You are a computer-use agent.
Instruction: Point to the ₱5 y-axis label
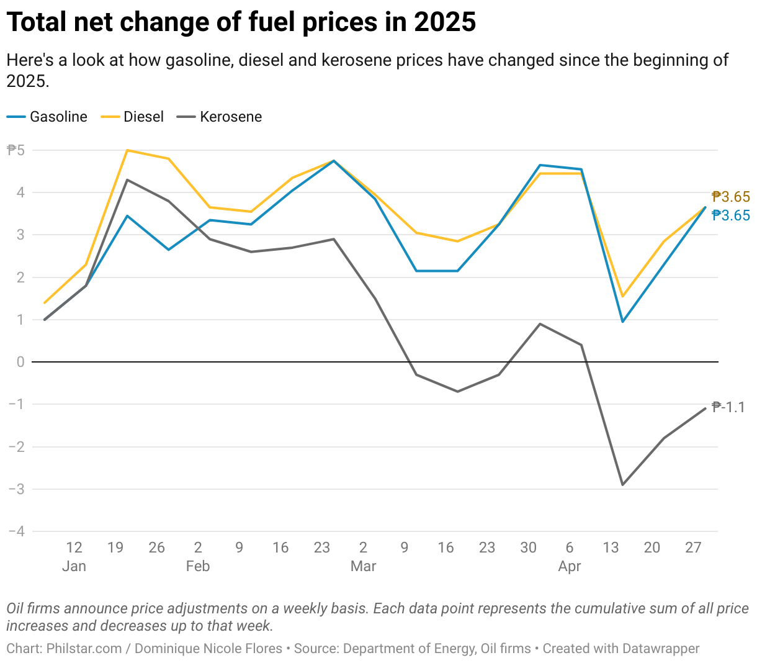point(16,150)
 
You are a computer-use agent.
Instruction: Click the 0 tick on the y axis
point(20,362)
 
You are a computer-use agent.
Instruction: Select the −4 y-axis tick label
point(17,531)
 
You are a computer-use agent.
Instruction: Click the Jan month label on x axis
point(74,566)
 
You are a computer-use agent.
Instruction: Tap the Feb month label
point(198,566)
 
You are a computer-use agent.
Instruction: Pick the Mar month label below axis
point(363,566)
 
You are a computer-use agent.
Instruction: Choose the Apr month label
point(570,566)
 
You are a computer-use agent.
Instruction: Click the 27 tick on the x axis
point(693,548)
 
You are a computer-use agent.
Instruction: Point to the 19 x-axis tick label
point(115,548)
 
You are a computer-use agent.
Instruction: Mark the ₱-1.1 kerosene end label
point(728,407)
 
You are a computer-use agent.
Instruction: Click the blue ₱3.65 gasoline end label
point(731,215)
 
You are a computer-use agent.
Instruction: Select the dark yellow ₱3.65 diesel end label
point(731,197)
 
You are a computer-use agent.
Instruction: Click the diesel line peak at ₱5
point(127,150)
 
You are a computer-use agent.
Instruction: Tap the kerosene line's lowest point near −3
point(622,485)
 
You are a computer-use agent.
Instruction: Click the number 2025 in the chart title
point(445,23)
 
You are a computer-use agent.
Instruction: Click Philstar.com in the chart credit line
point(84,649)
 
